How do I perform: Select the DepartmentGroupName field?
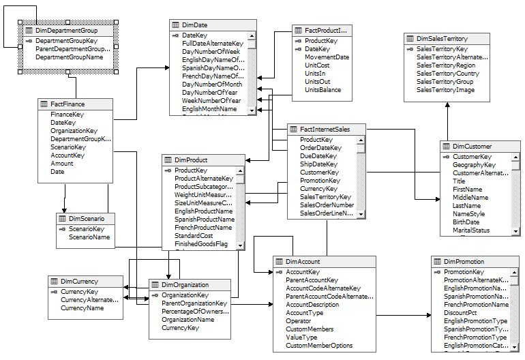pyautogui.click(x=69, y=58)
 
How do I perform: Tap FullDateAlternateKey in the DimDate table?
pyautogui.click(x=212, y=44)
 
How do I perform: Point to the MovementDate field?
pyautogui.click(x=327, y=57)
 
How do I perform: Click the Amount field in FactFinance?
pyautogui.click(x=61, y=164)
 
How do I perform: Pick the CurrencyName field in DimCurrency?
pyautogui.click(x=82, y=308)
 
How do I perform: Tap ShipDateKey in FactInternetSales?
pyautogui.click(x=318, y=164)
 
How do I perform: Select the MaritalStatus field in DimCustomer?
pyautogui.click(x=471, y=230)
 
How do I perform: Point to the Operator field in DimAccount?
pyautogui.click(x=298, y=321)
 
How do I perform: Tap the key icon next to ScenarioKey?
pyautogui.click(x=62, y=230)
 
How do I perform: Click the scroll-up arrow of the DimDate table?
pyautogui.click(x=252, y=36)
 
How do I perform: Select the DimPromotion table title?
pyautogui.click(x=464, y=262)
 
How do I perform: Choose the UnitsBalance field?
pyautogui.click(x=322, y=90)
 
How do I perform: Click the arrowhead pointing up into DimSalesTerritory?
pyautogui.click(x=447, y=106)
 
